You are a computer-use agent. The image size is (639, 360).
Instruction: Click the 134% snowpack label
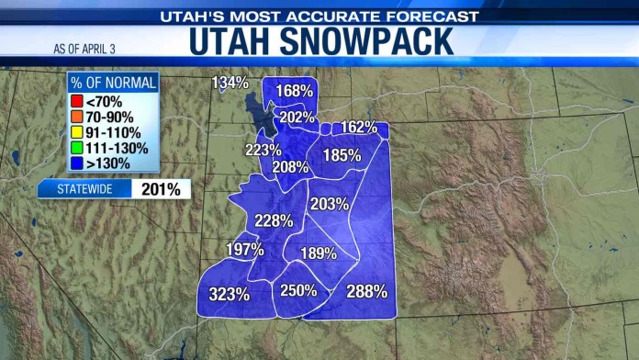coord(230,83)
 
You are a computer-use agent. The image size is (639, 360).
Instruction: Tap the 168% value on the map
coord(295,91)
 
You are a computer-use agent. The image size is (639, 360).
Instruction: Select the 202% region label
coord(297,117)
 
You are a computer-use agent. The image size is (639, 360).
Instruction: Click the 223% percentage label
coord(263,150)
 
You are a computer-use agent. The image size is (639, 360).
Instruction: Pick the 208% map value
coord(290,167)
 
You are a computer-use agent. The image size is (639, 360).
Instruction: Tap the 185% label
coord(342,155)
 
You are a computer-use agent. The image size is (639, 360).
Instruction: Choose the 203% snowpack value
coord(329,203)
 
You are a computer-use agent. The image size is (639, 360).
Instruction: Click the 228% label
coord(274,220)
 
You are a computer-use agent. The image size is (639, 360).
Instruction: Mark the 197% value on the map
coord(245,249)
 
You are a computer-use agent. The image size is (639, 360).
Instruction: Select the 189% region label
coord(319,253)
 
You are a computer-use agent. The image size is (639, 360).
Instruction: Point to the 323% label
coord(229,295)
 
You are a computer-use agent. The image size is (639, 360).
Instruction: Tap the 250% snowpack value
coord(298,290)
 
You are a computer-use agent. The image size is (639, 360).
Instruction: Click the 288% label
coord(366,291)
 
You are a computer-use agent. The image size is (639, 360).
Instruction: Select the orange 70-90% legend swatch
coord(76,118)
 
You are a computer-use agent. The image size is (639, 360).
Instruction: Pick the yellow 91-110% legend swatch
coord(76,132)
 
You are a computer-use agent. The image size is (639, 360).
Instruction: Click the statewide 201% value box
coord(160,189)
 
